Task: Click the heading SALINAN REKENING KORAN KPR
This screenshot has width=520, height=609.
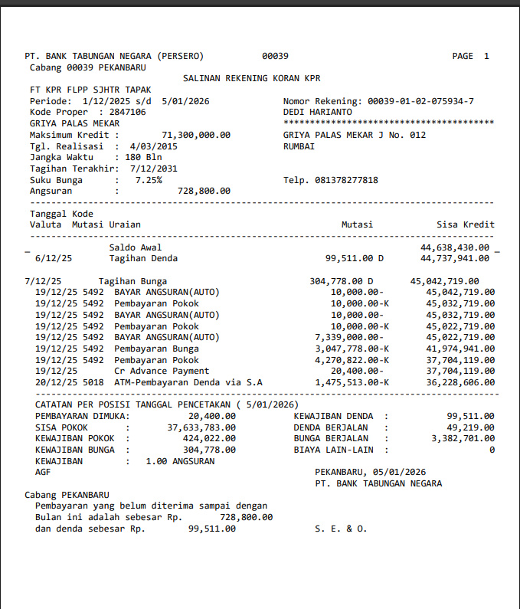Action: (251, 78)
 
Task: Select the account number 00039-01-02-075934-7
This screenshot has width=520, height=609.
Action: (420, 101)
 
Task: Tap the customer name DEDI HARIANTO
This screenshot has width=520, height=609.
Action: (317, 112)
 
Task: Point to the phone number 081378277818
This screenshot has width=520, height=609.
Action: (346, 180)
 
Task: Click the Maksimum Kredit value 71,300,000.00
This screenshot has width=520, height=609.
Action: (195, 135)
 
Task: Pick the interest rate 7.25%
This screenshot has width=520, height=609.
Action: (148, 180)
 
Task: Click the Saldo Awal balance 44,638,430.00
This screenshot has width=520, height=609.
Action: (455, 247)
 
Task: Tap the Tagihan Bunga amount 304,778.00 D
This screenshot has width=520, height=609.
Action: (341, 281)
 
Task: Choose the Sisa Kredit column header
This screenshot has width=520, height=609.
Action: (465, 224)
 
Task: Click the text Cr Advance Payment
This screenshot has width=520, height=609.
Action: (162, 371)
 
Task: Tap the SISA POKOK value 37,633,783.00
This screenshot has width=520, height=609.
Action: (201, 427)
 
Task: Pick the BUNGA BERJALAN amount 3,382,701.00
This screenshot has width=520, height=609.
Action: (463, 439)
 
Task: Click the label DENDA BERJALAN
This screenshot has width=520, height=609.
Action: (331, 427)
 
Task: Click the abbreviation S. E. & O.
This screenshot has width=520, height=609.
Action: (341, 529)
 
